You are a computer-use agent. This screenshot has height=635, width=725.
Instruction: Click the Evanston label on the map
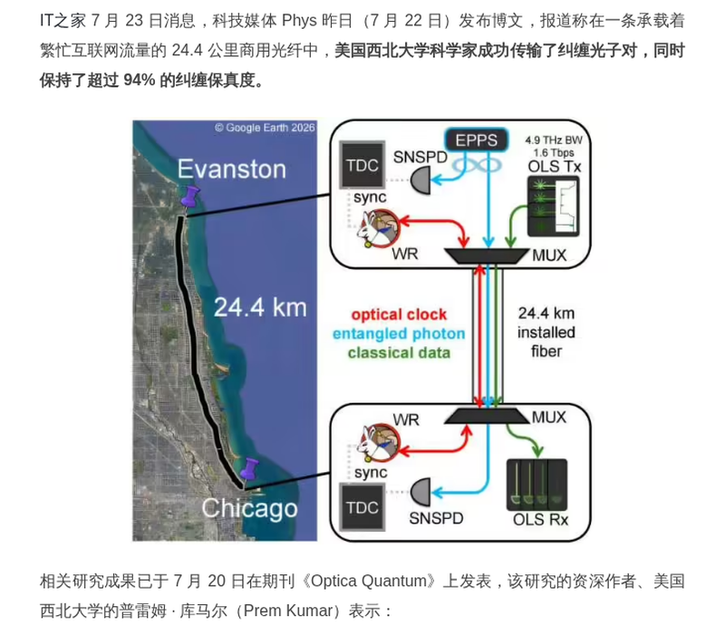(x=232, y=169)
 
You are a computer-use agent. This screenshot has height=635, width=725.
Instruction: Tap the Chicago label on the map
(x=250, y=509)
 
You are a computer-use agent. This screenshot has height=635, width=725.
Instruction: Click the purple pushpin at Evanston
(x=189, y=197)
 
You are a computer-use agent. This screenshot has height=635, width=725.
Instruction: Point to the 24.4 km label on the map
(x=260, y=307)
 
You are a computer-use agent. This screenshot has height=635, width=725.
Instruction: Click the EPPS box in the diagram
(x=477, y=140)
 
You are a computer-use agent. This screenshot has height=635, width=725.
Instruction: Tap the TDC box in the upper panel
(x=362, y=165)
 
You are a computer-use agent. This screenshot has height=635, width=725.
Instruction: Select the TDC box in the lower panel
(x=362, y=507)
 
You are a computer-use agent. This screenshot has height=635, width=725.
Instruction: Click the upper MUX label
(x=549, y=255)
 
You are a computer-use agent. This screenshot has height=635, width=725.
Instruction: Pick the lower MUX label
(x=549, y=418)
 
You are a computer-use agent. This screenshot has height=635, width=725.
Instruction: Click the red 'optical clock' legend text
(x=399, y=314)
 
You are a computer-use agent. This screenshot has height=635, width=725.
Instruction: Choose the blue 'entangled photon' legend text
(x=399, y=333)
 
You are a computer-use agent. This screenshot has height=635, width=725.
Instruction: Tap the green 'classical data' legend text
(x=399, y=353)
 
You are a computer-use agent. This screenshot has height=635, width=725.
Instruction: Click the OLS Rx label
(x=540, y=519)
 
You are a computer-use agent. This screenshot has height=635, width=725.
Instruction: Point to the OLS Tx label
(x=555, y=167)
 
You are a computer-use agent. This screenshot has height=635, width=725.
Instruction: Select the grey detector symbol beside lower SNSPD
(x=420, y=493)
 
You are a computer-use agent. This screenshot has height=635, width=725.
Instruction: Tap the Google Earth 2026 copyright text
(x=265, y=128)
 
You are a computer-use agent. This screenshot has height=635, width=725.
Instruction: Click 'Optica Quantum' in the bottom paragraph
(x=369, y=581)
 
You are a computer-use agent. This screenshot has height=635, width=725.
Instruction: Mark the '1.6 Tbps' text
(x=554, y=152)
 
